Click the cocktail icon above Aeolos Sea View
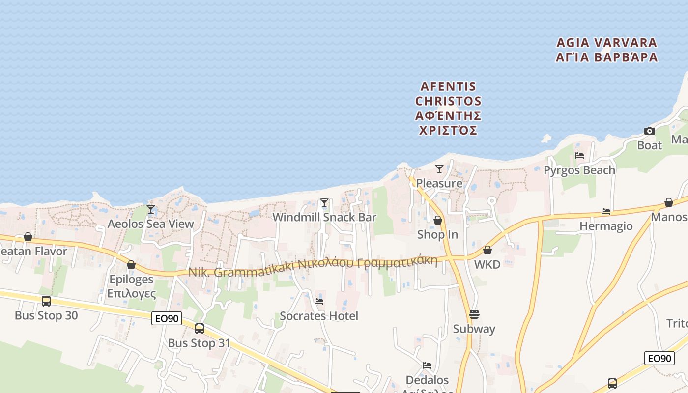pyautogui.click(x=151, y=209)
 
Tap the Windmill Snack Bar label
pyautogui.click(x=324, y=217)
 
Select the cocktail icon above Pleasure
pyautogui.click(x=439, y=169)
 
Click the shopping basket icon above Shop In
pyautogui.click(x=437, y=221)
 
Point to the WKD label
pyautogui.click(x=487, y=264)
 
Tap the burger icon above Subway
pyautogui.click(x=474, y=314)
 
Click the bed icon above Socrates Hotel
pyautogui.click(x=319, y=302)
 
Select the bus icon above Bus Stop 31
pyautogui.click(x=200, y=329)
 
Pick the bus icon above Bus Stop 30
pyautogui.click(x=46, y=301)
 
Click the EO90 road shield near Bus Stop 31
pyautogui.click(x=167, y=318)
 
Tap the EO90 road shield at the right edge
pyautogui.click(x=659, y=358)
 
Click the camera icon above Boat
pyautogui.click(x=650, y=131)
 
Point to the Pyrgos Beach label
pyautogui.click(x=579, y=170)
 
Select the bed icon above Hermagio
pyautogui.click(x=606, y=212)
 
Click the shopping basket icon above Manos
pyautogui.click(x=669, y=202)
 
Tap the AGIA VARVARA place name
pyautogui.click(x=606, y=43)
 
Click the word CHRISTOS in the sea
pyautogui.click(x=448, y=101)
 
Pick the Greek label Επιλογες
pyautogui.click(x=131, y=294)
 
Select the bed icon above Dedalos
pyautogui.click(x=427, y=365)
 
